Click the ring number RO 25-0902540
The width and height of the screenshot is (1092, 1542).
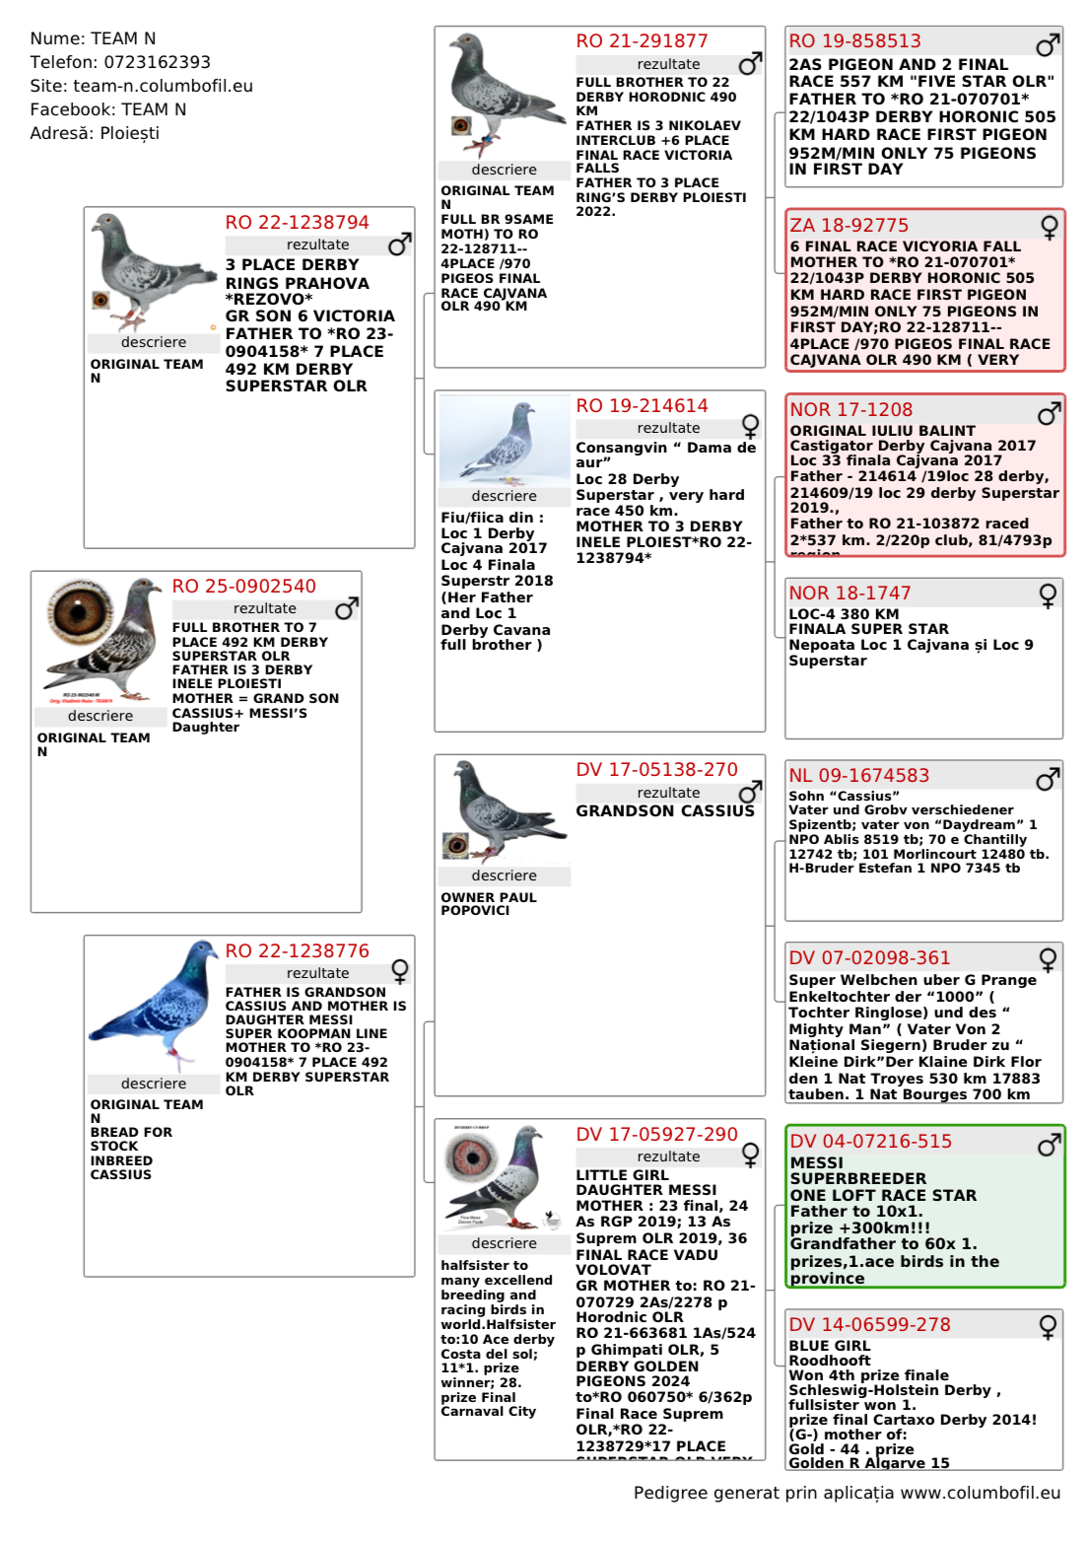(x=243, y=587)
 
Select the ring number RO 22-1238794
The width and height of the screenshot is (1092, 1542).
(x=297, y=223)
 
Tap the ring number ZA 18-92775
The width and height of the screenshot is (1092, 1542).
(x=849, y=226)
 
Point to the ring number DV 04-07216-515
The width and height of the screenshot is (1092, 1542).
(x=870, y=1142)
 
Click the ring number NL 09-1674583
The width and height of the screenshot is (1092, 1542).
(x=858, y=776)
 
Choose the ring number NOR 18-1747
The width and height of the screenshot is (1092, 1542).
(x=850, y=594)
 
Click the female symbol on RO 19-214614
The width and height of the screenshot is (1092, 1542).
(x=750, y=426)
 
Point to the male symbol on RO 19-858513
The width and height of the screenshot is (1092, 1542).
(x=1048, y=44)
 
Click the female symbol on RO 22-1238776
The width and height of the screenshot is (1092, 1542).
(x=400, y=971)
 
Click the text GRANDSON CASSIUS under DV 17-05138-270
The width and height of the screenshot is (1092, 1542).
(x=664, y=811)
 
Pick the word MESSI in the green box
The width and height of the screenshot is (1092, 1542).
(x=816, y=1163)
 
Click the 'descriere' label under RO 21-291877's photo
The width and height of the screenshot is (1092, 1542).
(x=504, y=170)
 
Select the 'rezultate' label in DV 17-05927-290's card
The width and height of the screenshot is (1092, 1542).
(x=668, y=1156)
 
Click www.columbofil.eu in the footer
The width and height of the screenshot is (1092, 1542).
(x=980, y=1493)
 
